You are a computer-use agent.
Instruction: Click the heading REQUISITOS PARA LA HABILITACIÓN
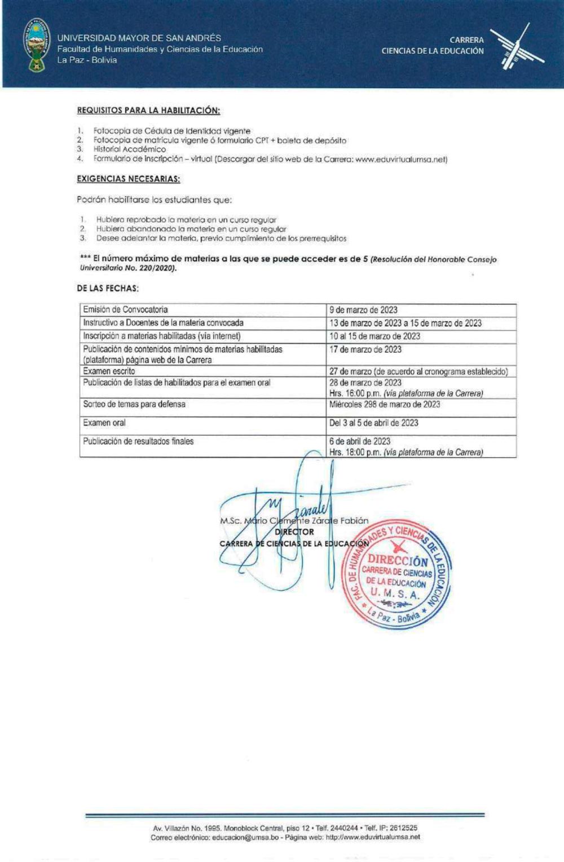coord(148,110)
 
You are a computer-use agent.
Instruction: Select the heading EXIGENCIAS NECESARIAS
coord(129,179)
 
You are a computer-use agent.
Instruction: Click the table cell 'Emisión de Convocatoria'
coord(125,309)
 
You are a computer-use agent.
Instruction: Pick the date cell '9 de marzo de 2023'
coord(363,310)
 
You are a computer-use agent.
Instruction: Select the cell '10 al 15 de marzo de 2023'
coord(374,336)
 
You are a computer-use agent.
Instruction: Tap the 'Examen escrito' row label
coord(109,371)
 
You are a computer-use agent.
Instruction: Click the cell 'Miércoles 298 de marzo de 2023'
coord(385,404)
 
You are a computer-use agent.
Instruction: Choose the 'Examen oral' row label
coord(104,422)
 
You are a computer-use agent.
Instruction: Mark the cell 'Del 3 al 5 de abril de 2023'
coord(373,423)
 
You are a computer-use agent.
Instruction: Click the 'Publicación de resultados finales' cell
coord(138,441)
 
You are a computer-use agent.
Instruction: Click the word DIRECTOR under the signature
coord(294,532)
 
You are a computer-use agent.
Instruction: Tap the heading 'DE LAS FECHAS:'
coord(108,288)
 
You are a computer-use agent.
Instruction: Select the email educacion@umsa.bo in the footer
coord(245,837)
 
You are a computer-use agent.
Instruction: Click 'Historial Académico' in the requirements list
coord(130,150)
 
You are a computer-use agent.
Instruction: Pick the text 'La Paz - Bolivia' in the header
coord(87,60)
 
